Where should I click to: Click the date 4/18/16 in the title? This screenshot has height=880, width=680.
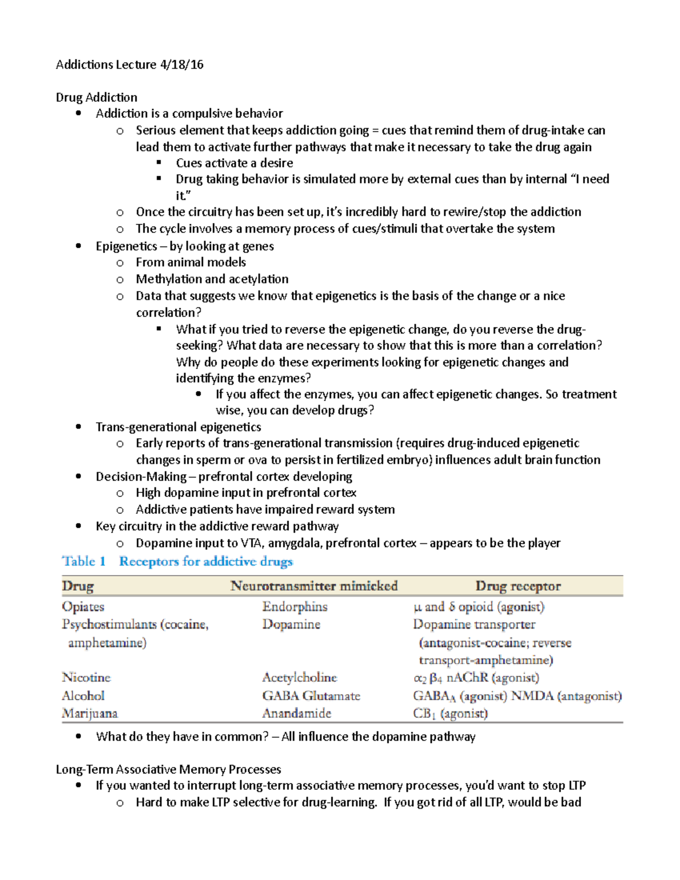[x=181, y=65]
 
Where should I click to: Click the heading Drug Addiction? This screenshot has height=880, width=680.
[x=96, y=97]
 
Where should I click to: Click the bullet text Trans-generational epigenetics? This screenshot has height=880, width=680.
[x=178, y=427]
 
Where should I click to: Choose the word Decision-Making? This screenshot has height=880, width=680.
[x=141, y=477]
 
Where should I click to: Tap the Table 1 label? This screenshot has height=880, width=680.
[x=84, y=562]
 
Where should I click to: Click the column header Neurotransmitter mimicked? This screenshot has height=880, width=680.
[x=314, y=586]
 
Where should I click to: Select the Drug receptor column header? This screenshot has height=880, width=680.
[x=518, y=586]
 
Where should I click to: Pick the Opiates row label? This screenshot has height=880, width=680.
[x=83, y=607]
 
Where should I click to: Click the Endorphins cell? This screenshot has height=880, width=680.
[x=295, y=607]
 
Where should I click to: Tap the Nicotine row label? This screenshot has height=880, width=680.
[x=86, y=677]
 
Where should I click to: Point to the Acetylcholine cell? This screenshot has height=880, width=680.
[x=299, y=677]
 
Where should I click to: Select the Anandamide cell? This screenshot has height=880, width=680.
[x=296, y=713]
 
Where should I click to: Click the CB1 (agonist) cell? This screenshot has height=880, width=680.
[x=450, y=713]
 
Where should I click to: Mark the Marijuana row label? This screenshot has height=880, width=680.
[x=90, y=713]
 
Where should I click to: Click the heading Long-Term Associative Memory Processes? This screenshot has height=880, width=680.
[x=168, y=769]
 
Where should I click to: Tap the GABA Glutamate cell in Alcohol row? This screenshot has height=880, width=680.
[x=311, y=695]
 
